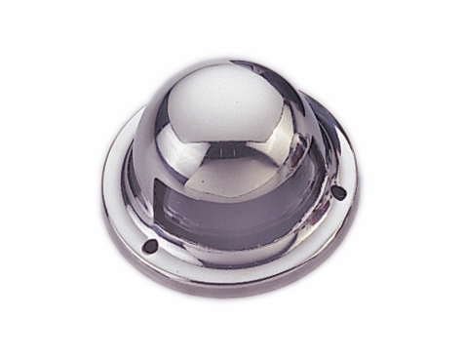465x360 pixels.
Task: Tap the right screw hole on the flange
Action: coord(338,192)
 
